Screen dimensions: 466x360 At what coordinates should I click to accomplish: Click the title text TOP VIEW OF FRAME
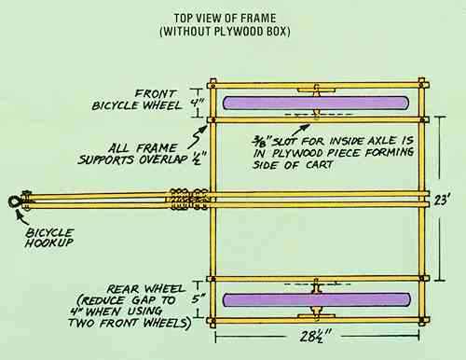click(225, 18)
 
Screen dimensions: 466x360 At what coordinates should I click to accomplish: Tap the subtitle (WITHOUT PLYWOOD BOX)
click(225, 32)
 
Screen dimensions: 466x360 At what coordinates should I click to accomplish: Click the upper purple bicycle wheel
click(316, 103)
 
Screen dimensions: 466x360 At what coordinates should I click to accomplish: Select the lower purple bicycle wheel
click(317, 300)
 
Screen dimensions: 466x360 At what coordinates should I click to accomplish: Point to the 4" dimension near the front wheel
click(197, 103)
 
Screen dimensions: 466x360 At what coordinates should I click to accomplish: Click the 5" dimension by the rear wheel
click(197, 299)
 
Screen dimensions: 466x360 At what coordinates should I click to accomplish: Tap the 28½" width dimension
click(315, 336)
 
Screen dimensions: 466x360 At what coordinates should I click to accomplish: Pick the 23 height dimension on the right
click(441, 200)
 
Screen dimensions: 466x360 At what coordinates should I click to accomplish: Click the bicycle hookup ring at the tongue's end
click(14, 202)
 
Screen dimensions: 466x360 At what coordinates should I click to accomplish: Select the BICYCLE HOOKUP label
click(49, 238)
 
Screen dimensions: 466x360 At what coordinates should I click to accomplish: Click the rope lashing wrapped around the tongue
click(188, 200)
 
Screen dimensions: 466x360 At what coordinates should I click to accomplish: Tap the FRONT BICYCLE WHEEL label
click(137, 100)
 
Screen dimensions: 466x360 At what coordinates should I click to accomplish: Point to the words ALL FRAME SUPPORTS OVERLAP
click(132, 154)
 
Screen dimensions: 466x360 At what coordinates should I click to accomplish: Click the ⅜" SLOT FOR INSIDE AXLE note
click(334, 153)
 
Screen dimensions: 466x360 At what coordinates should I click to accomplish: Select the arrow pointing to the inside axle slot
click(300, 130)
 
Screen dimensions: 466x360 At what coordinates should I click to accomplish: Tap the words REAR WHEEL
click(145, 289)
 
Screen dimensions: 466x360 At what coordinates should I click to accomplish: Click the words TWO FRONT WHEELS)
click(129, 323)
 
